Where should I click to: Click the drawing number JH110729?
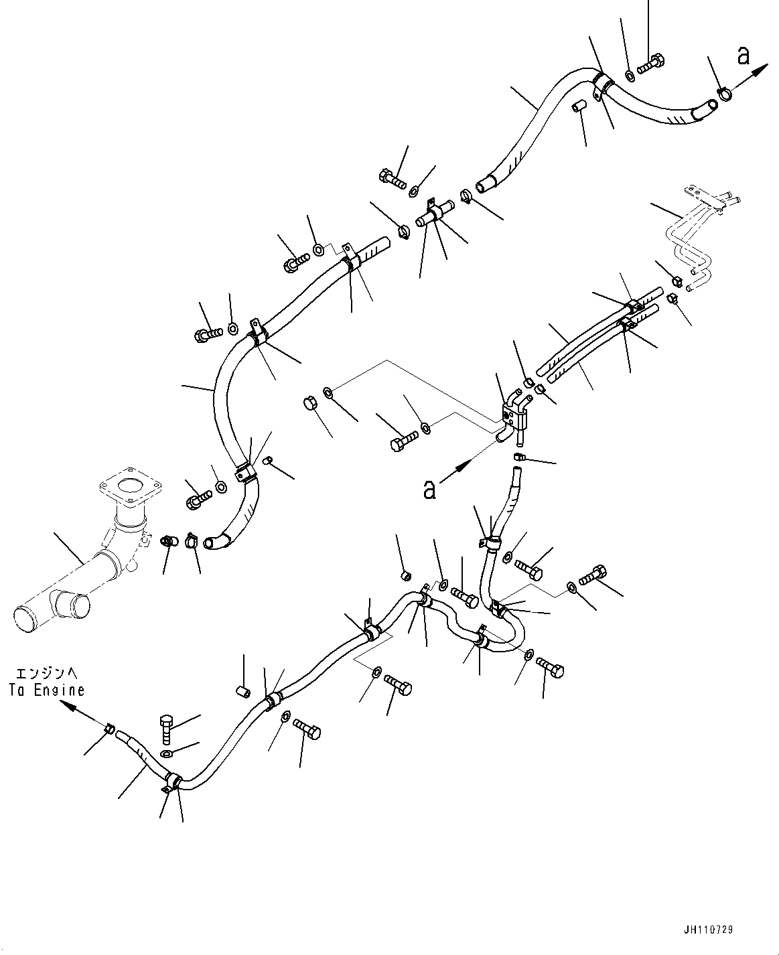709,930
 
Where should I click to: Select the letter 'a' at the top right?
743,57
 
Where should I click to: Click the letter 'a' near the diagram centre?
429,490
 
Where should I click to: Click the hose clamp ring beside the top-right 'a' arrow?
725,94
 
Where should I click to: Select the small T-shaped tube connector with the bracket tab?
432,216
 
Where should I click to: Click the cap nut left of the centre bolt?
309,404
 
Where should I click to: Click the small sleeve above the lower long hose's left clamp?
244,690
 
